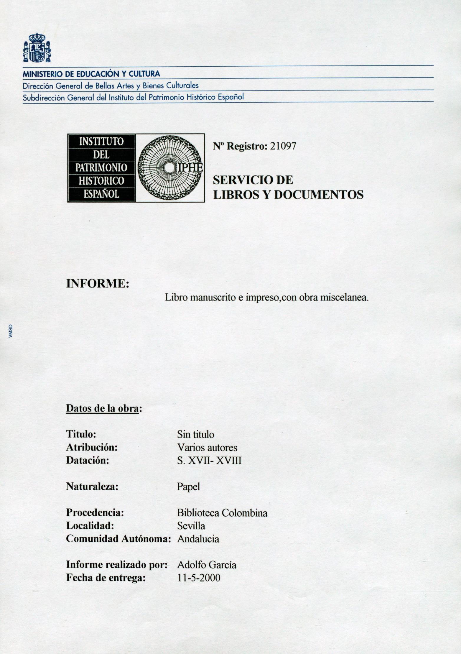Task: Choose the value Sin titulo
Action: (195, 434)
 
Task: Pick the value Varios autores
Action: (207, 448)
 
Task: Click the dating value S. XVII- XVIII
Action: (209, 460)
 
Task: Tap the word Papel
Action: (188, 487)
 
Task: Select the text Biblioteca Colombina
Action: (222, 513)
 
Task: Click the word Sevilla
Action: (191, 526)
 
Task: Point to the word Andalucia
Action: (198, 539)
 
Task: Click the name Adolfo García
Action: (207, 565)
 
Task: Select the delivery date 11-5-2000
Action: (198, 578)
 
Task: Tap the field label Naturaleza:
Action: (92, 487)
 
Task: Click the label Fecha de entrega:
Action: (106, 578)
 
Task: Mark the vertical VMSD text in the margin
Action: (11, 331)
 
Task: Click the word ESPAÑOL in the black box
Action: (101, 194)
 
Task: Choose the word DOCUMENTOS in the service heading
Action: (319, 195)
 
